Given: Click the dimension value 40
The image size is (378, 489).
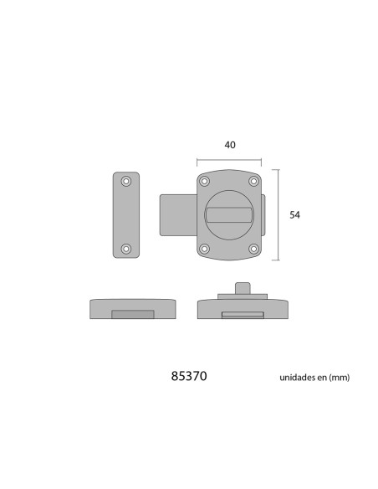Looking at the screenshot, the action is (230, 145).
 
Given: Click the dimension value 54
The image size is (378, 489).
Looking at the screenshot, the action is (295, 215).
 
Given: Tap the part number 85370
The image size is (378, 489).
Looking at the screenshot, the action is (189, 376).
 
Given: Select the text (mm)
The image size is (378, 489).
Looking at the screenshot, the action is (339, 378).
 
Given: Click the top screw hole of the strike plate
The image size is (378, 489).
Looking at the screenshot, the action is (126, 181).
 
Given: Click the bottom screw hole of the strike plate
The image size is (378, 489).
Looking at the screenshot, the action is (126, 249).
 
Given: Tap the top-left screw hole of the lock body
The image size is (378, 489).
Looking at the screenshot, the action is (204, 181).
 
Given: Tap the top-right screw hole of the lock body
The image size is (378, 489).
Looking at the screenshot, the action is (254, 181).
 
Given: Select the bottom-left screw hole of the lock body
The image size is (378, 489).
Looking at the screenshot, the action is (204, 249).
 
